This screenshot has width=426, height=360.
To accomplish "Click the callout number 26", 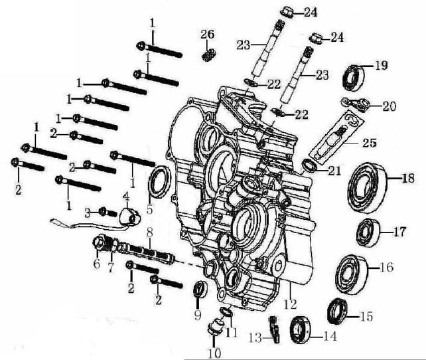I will [x=208, y=34].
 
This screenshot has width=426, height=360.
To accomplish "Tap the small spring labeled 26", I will [x=209, y=53].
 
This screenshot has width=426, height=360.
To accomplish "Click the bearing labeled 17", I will [x=366, y=231].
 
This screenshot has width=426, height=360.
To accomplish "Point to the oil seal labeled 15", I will [x=338, y=310].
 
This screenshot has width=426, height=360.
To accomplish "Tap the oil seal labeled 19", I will [x=353, y=76].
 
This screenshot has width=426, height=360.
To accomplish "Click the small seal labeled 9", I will [x=199, y=290].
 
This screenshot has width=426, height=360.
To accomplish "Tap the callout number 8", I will [x=150, y=232].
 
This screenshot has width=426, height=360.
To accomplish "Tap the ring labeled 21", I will [x=310, y=164].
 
